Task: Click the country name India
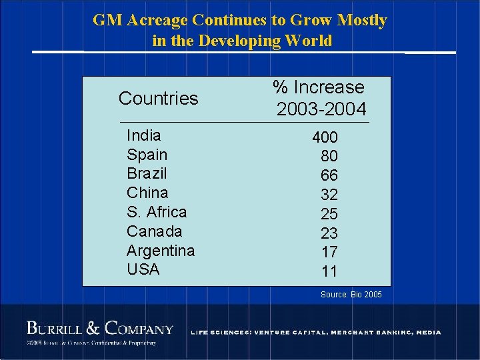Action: click(x=143, y=135)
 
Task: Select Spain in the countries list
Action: click(x=147, y=155)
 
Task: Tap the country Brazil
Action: click(x=147, y=173)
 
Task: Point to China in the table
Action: click(x=147, y=193)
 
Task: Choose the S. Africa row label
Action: click(x=157, y=212)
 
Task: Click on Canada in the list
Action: click(x=154, y=231)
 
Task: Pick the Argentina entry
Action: click(x=161, y=251)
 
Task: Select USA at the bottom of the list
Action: click(x=143, y=269)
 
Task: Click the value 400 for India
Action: click(x=325, y=137)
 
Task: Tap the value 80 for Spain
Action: click(x=329, y=157)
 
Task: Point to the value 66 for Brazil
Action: click(x=329, y=175)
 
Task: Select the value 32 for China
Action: click(x=329, y=195)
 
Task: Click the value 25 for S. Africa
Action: click(x=329, y=214)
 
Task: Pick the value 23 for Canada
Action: click(x=329, y=233)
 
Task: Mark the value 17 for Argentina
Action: click(x=329, y=252)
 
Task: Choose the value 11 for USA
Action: click(x=329, y=271)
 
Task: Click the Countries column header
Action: click(x=158, y=99)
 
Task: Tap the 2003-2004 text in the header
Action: click(x=321, y=109)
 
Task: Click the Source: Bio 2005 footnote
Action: click(x=351, y=294)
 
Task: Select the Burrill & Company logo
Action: click(x=100, y=329)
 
